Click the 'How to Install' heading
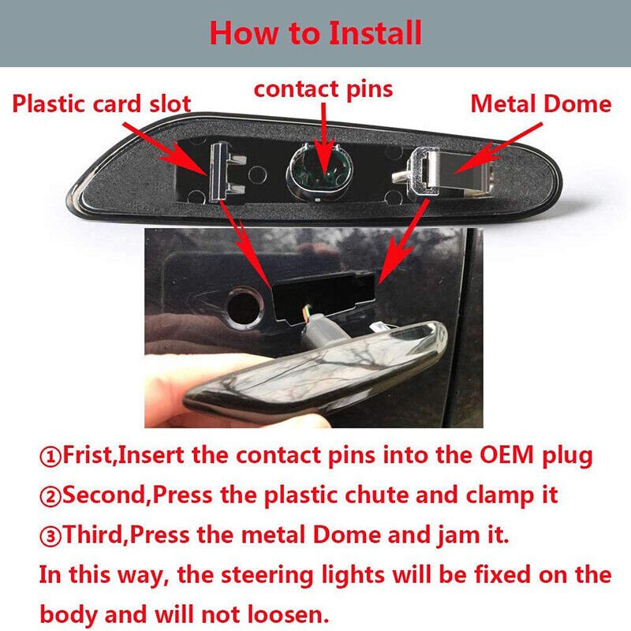click(315, 33)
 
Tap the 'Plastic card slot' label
click(102, 103)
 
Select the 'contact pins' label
click(323, 89)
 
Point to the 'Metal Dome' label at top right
click(541, 103)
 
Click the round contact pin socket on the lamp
click(319, 172)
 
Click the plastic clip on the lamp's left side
click(226, 172)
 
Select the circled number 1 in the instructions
click(50, 457)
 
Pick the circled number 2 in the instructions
click(50, 496)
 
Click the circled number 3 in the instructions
click(50, 536)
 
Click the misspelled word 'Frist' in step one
click(88, 455)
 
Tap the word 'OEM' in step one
click(506, 455)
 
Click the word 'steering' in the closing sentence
click(267, 576)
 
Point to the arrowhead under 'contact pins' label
click(324, 160)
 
